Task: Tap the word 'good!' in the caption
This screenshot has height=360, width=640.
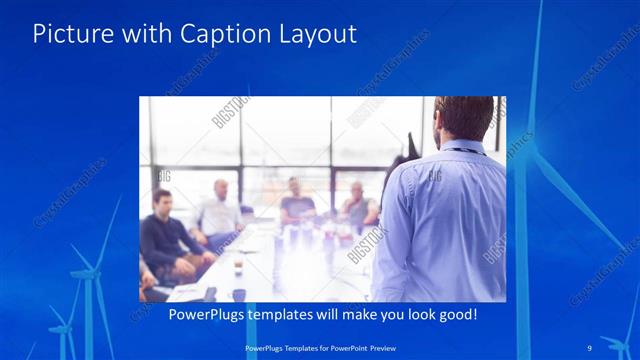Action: coord(455,315)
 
